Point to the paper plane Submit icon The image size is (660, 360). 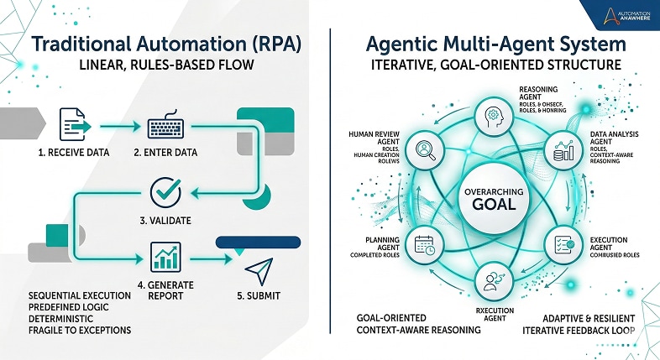pyautogui.click(x=259, y=269)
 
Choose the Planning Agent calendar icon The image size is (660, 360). pyautogui.click(x=424, y=245)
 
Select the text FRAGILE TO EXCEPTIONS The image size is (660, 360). pyautogui.click(x=80, y=330)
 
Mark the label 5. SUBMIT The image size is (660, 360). pyautogui.click(x=259, y=295)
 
